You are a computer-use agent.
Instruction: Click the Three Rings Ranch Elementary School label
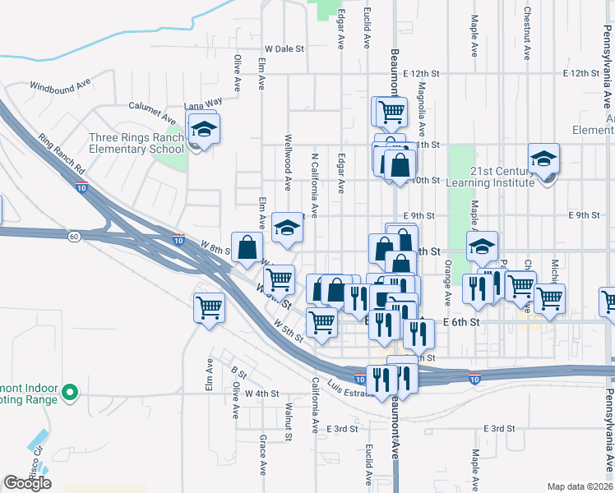[136, 143]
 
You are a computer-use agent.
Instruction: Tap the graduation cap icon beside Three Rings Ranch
[203, 129]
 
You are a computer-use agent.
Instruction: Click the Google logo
[27, 484]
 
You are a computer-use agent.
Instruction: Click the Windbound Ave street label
[59, 85]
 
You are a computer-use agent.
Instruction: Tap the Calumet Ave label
[154, 105]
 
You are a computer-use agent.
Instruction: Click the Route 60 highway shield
[74, 237]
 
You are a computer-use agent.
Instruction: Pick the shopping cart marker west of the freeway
[210, 308]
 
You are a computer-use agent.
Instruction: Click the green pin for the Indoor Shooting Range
[70, 393]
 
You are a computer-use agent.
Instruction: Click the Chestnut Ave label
[526, 35]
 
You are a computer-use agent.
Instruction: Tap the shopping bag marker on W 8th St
[247, 246]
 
